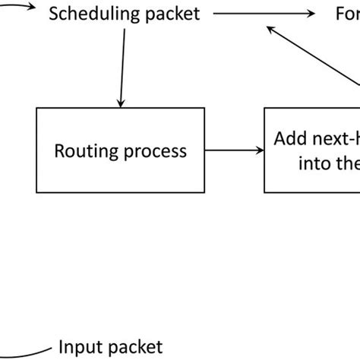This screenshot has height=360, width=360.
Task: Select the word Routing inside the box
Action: point(81,150)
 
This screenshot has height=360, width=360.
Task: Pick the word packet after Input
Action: point(134,347)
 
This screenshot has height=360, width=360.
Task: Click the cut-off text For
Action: point(347,13)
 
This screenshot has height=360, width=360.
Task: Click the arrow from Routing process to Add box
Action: point(233,150)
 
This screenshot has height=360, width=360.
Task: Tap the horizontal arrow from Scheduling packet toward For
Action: point(262,13)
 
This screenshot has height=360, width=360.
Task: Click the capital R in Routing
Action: point(59,150)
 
